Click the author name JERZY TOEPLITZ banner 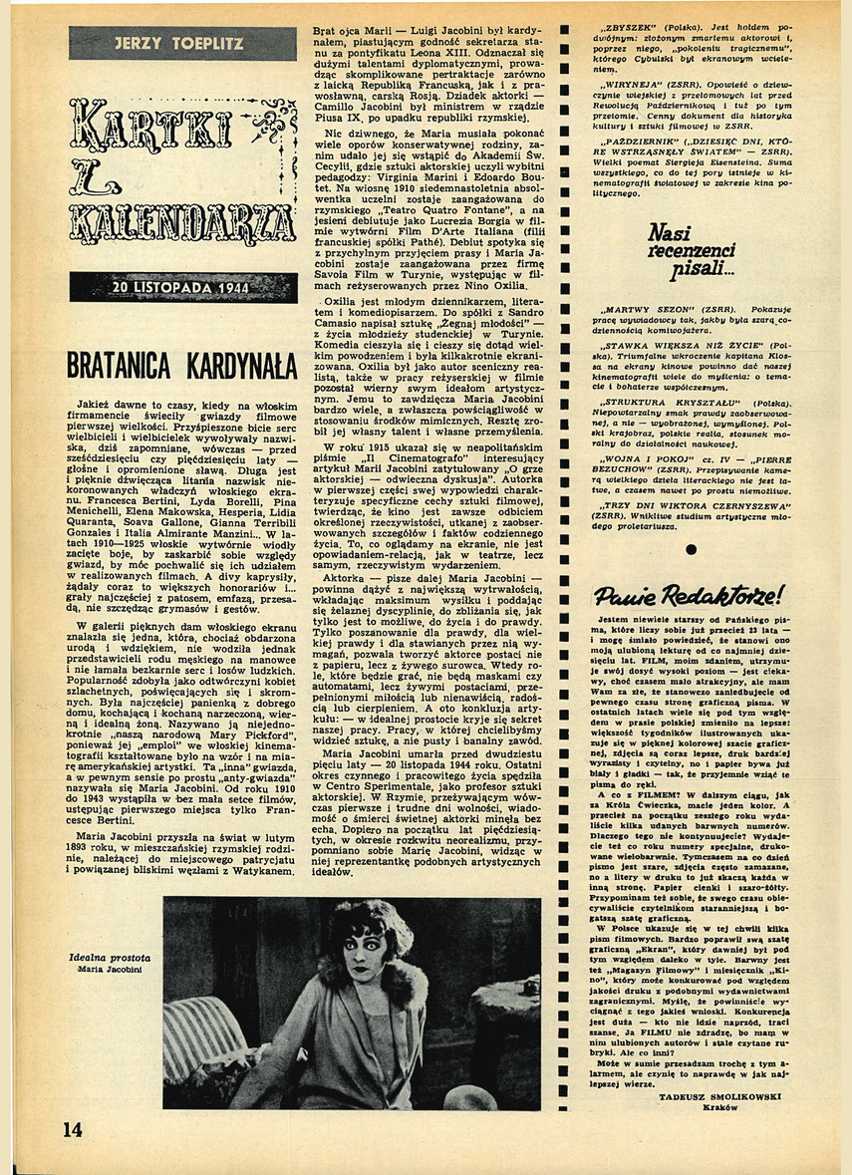(x=181, y=43)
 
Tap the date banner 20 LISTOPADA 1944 (x=183, y=287)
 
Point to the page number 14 (x=72, y=1128)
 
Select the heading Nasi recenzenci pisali (x=691, y=252)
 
